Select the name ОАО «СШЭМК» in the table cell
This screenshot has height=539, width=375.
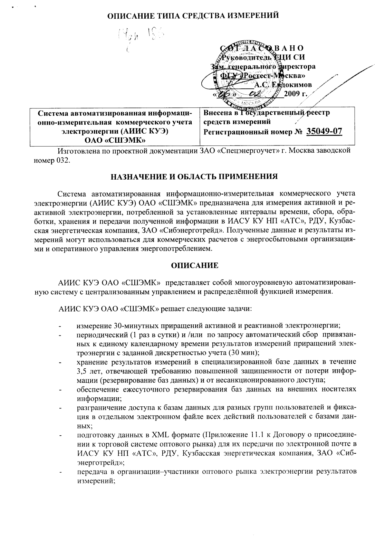(115, 140)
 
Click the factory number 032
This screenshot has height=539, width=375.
(62, 161)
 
